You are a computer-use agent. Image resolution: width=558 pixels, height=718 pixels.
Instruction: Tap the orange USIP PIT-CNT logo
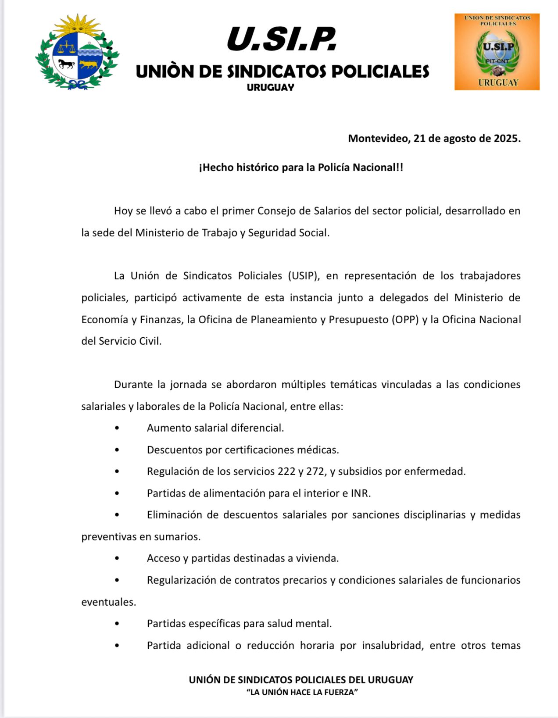point(497,52)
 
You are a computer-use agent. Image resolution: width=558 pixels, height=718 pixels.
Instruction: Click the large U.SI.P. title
point(282,39)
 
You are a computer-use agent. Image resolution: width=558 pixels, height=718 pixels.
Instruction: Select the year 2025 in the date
point(507,139)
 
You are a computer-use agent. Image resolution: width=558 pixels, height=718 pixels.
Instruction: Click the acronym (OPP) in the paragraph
point(404,319)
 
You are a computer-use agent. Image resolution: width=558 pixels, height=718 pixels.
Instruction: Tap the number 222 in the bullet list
point(286,472)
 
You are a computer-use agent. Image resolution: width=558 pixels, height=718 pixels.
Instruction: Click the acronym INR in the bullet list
point(360,493)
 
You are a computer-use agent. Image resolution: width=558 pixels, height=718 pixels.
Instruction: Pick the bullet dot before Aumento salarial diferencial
point(117,428)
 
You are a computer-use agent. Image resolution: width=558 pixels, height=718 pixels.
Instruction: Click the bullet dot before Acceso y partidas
point(117,558)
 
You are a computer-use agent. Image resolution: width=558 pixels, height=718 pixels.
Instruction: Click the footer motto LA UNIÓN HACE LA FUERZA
point(302,692)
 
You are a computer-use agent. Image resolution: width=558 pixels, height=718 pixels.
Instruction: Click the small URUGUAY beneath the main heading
point(270,87)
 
